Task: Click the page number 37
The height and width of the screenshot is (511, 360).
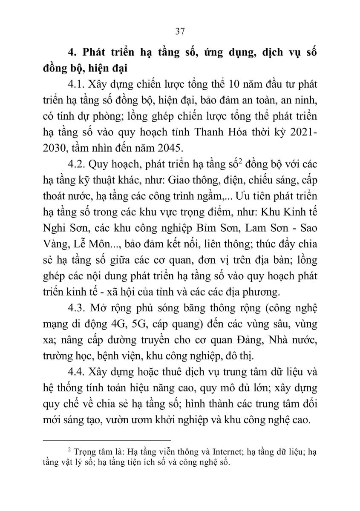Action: coord(179,31)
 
